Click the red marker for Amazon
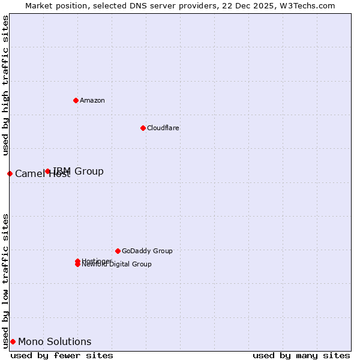[76, 100]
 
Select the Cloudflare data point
[143, 128]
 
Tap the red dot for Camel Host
[10, 173]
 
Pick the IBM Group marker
[48, 171]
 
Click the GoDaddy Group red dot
[118, 251]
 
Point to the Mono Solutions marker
[13, 341]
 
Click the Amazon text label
[92, 100]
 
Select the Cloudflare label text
[163, 128]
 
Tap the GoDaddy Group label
[147, 251]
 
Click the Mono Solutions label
[55, 341]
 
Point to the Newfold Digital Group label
[118, 265]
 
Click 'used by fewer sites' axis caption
[62, 355]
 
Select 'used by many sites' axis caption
[301, 355]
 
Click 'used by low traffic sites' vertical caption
[5, 280]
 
